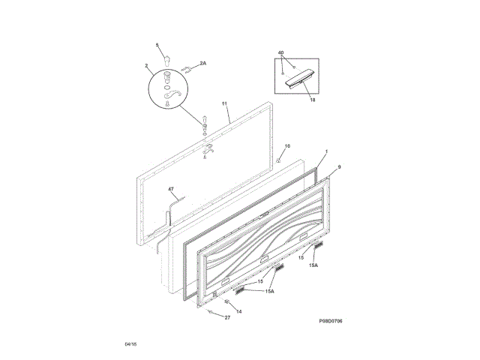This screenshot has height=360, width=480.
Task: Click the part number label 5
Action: pos(157,46)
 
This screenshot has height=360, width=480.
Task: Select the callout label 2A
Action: pos(202,64)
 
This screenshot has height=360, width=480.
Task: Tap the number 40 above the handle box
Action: pos(280,52)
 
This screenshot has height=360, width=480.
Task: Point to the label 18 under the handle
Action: pos(312,99)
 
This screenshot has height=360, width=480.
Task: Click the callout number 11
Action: pos(224,103)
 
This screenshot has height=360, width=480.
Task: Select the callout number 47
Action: pos(171,190)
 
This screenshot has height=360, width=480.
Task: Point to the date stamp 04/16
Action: pos(130,343)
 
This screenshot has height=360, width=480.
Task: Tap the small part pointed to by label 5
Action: pos(167,58)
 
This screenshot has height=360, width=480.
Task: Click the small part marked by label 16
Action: pos(279,159)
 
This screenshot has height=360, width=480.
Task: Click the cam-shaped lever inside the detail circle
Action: pos(171,96)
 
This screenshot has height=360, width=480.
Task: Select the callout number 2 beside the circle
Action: pos(146,67)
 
